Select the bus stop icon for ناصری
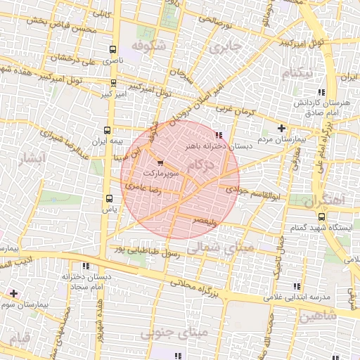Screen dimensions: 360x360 point(113,49)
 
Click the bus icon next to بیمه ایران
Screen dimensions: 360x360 point(108,130)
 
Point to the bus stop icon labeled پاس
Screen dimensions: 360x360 point(108,198)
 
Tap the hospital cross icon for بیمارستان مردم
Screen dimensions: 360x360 point(282,128)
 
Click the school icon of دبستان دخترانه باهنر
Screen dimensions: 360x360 point(219,134)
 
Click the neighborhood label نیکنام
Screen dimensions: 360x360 point(297,73)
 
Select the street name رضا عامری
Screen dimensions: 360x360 point(141,187)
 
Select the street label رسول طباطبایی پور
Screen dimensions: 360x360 point(148,251)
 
